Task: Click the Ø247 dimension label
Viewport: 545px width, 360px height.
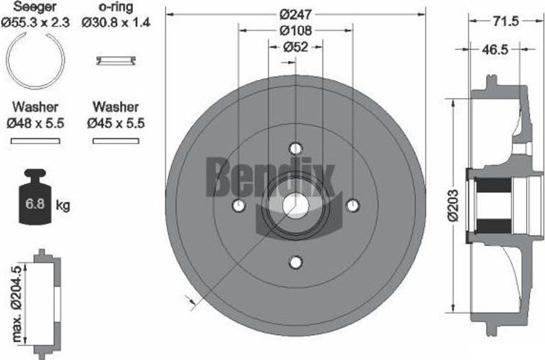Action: [x=296, y=12]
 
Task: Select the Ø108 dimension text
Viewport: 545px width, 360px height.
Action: [x=296, y=30]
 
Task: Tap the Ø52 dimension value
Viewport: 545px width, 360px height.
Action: [x=296, y=47]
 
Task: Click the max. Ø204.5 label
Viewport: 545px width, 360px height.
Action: [x=18, y=303]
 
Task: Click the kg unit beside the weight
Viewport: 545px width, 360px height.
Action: [x=63, y=205]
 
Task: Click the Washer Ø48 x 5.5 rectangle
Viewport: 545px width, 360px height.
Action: [x=36, y=141]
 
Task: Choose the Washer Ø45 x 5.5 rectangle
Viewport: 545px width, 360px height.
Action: [x=116, y=141]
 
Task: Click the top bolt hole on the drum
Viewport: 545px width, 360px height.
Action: [x=296, y=148]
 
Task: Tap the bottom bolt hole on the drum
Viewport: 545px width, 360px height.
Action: [x=296, y=262]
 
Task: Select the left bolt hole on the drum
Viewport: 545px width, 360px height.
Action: [x=239, y=205]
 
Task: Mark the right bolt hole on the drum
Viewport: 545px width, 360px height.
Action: [x=353, y=205]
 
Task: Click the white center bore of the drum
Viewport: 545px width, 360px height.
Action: [x=296, y=206]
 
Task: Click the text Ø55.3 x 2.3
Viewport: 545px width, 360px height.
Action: [x=35, y=22]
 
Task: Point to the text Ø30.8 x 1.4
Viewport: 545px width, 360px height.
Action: [x=116, y=22]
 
